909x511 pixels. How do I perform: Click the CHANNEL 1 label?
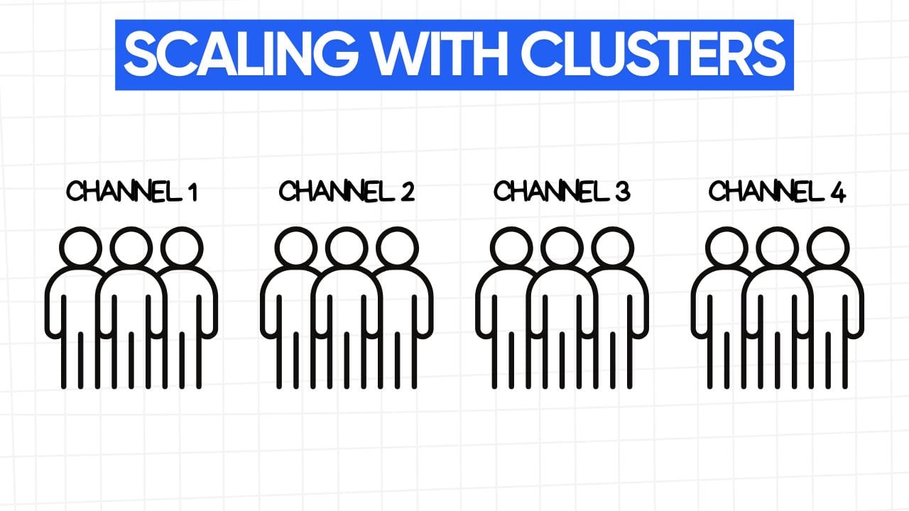click(131, 191)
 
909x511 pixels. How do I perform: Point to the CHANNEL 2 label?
click(347, 191)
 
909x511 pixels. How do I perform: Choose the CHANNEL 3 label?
click(562, 191)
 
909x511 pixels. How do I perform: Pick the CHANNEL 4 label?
click(777, 191)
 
